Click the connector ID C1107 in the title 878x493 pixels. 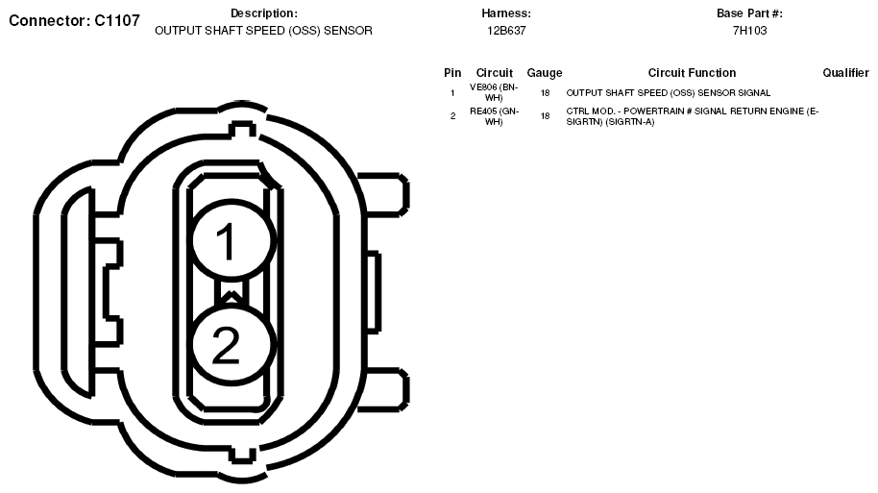[117, 21]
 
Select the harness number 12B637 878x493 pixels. [506, 31]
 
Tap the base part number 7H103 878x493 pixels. [749, 31]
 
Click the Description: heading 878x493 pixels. [264, 13]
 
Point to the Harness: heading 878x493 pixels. [506, 13]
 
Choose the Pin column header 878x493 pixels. [452, 73]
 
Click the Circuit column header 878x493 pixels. [494, 73]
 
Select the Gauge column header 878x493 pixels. [545, 73]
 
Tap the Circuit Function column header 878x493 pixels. [692, 73]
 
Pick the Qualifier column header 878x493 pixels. [845, 73]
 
